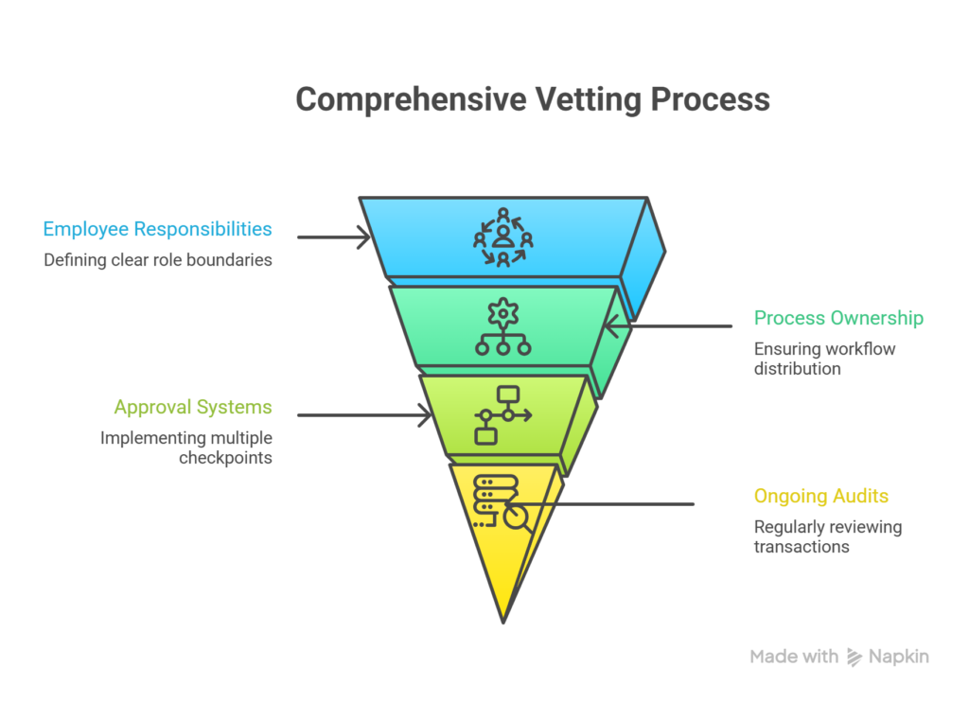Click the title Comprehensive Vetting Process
click(x=532, y=99)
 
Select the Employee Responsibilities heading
click(x=157, y=229)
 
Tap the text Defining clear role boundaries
click(x=157, y=259)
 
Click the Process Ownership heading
click(x=838, y=318)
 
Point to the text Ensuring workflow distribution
click(x=824, y=359)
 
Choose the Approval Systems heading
click(x=193, y=408)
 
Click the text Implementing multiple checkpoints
click(x=186, y=448)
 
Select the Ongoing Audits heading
click(x=820, y=496)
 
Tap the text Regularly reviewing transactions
click(x=827, y=536)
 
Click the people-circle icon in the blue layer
click(x=502, y=237)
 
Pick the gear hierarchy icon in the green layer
click(x=502, y=326)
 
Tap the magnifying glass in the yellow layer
click(x=518, y=518)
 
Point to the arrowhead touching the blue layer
click(x=365, y=237)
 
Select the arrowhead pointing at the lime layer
click(x=426, y=414)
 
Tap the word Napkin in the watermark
click(x=899, y=657)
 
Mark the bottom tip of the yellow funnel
click(x=503, y=621)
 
